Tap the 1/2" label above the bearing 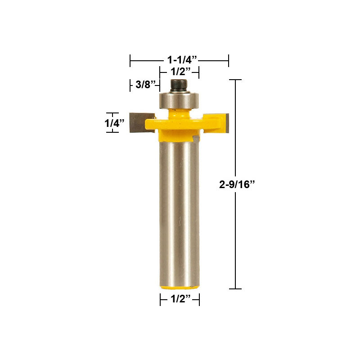point(179,71)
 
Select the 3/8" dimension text point(146,84)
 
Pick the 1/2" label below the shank point(180,299)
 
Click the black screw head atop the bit point(179,84)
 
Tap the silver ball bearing point(179,99)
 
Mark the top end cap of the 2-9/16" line point(235,80)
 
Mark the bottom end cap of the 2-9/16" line point(235,288)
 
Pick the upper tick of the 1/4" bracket point(112,113)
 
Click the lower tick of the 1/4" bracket point(112,133)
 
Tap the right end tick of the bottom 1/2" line point(199,299)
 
